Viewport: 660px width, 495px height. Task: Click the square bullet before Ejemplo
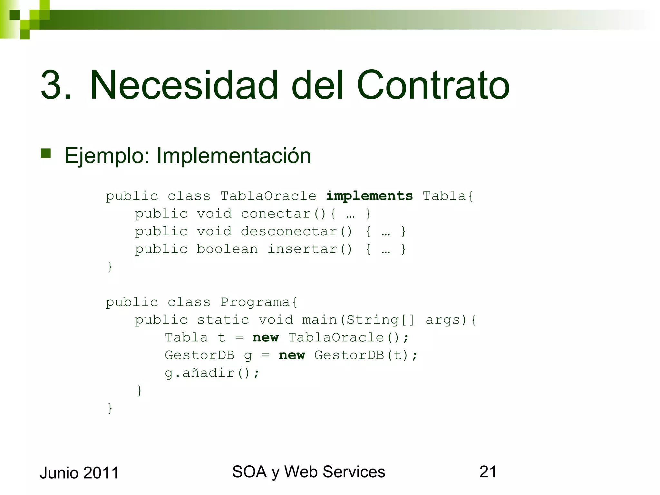click(x=46, y=153)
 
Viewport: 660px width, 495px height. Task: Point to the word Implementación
click(x=234, y=156)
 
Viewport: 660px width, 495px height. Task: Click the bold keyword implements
click(x=369, y=196)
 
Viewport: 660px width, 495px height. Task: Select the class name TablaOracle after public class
click(x=268, y=196)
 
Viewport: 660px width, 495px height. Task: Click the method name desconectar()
click(x=296, y=231)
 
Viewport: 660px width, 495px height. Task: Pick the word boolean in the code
click(x=227, y=249)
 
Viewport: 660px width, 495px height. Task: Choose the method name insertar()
click(x=310, y=249)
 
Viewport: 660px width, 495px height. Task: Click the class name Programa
click(x=259, y=302)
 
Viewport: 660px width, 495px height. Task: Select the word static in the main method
click(x=223, y=320)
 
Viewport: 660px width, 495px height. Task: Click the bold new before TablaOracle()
click(x=266, y=338)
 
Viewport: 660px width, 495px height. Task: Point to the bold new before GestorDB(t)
click(x=292, y=355)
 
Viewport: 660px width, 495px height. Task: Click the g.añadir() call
click(x=212, y=373)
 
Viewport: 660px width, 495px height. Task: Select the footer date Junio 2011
click(x=79, y=473)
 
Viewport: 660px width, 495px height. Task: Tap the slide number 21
click(x=488, y=472)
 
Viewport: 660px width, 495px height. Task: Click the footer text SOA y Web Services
click(x=308, y=472)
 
